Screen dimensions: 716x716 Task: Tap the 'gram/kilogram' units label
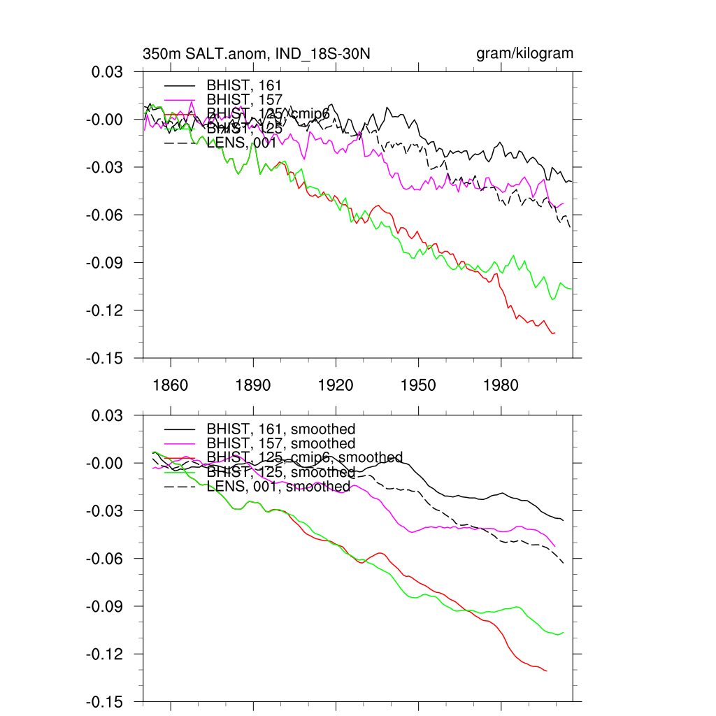tap(524, 54)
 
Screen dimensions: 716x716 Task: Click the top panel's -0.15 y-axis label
tap(108, 358)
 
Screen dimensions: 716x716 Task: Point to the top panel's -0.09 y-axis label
tap(108, 263)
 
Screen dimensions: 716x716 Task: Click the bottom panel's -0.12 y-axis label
tap(108, 654)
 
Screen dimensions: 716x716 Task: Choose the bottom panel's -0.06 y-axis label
tap(108, 559)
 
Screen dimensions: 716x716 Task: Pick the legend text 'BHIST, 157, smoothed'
tap(281, 443)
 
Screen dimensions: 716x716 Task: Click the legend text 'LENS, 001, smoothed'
tap(278, 486)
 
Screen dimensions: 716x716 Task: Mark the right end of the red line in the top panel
tap(554, 333)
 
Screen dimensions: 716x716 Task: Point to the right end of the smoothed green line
tap(563, 632)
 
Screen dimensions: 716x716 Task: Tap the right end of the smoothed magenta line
tap(554, 546)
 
